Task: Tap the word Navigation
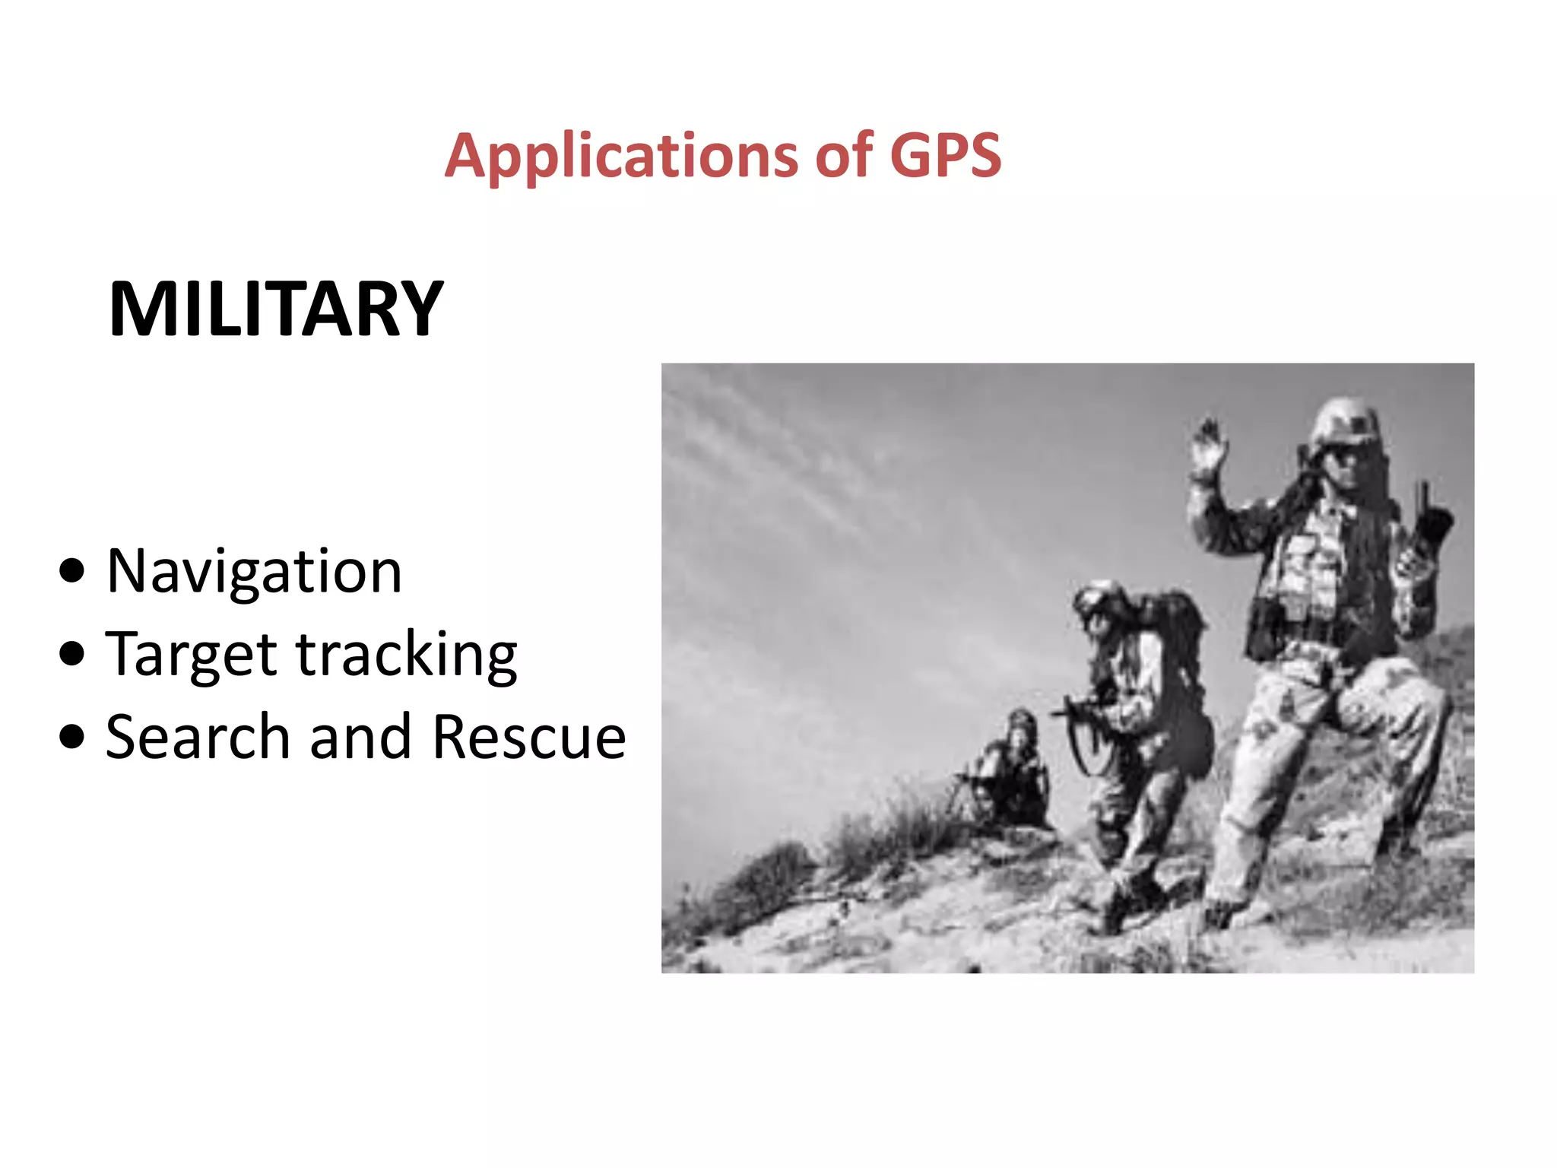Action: point(254,572)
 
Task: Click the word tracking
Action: point(407,655)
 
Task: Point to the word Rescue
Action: point(529,738)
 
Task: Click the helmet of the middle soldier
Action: point(1100,597)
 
